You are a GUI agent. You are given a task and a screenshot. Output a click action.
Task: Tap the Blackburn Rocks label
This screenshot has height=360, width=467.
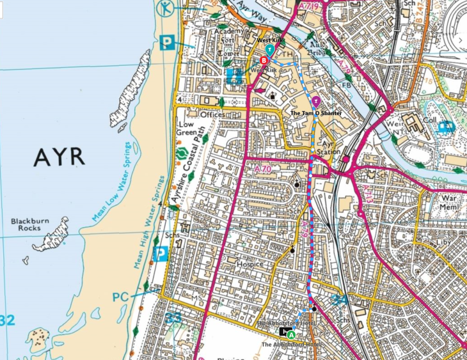tap(29, 224)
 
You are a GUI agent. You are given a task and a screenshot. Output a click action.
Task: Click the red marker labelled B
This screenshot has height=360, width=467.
tap(264, 60)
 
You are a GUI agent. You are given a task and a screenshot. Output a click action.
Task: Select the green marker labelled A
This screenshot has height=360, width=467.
tap(291, 334)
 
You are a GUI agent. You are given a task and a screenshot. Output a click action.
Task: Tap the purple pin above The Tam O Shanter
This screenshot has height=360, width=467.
tap(315, 100)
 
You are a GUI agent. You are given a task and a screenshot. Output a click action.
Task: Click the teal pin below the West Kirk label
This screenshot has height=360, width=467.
tap(270, 49)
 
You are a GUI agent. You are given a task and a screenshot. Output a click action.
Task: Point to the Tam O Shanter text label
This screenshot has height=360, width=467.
tap(316, 113)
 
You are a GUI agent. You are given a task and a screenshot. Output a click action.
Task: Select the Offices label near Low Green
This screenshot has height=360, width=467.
tap(212, 114)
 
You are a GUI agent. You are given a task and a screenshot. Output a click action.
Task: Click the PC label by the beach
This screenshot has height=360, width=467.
tap(121, 297)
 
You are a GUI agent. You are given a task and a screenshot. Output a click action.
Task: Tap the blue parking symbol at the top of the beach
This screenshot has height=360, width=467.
tap(168, 42)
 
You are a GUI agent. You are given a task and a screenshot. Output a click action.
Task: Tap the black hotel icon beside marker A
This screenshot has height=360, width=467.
tap(283, 332)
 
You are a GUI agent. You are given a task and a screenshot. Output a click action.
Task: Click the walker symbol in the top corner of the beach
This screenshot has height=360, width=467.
tap(166, 8)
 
